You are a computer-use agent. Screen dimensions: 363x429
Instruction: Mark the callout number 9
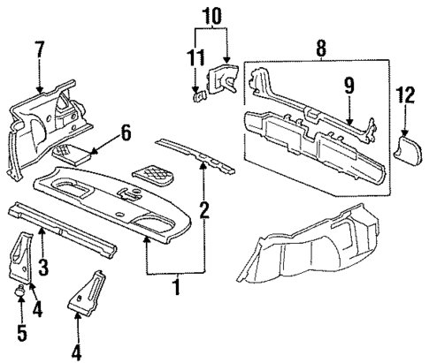(350, 87)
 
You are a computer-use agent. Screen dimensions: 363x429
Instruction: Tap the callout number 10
(211, 15)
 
